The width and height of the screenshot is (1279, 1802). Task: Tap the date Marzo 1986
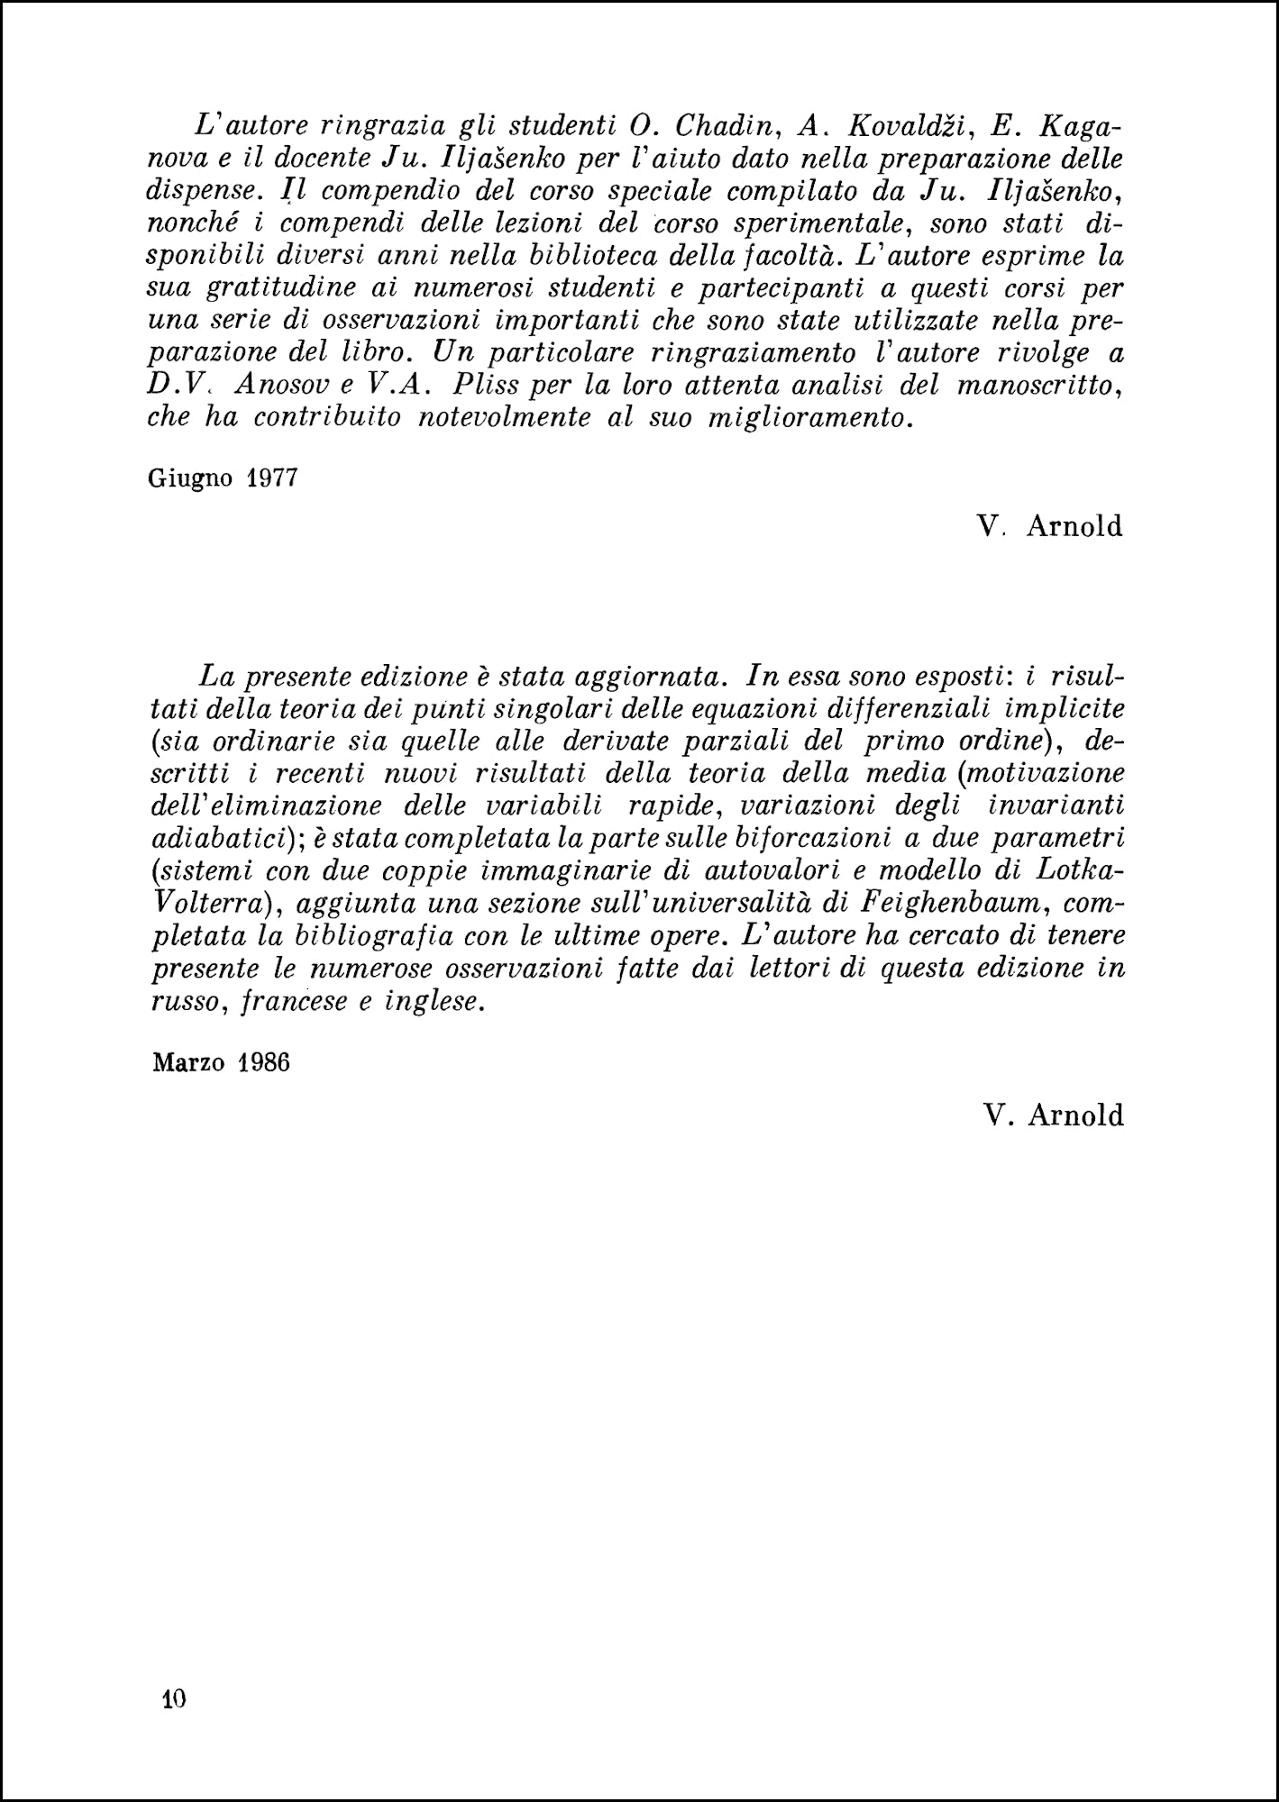pyautogui.click(x=221, y=1062)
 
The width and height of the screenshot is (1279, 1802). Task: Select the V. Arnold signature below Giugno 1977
pyautogui.click(x=1050, y=525)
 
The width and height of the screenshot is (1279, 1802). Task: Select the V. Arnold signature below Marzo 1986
pyautogui.click(x=1054, y=1115)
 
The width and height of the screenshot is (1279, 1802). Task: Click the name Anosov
pyautogui.click(x=279, y=385)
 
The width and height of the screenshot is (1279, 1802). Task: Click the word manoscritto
pyautogui.click(x=1037, y=386)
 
